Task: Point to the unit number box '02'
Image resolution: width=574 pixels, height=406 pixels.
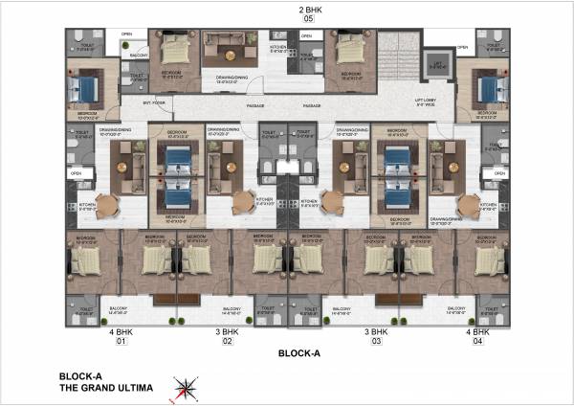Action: [x=228, y=341]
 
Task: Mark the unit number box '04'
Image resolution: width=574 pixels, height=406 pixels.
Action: [x=482, y=341]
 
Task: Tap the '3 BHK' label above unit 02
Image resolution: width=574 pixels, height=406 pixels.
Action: [x=228, y=331]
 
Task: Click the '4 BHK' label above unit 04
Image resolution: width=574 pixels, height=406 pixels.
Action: [x=482, y=331]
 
